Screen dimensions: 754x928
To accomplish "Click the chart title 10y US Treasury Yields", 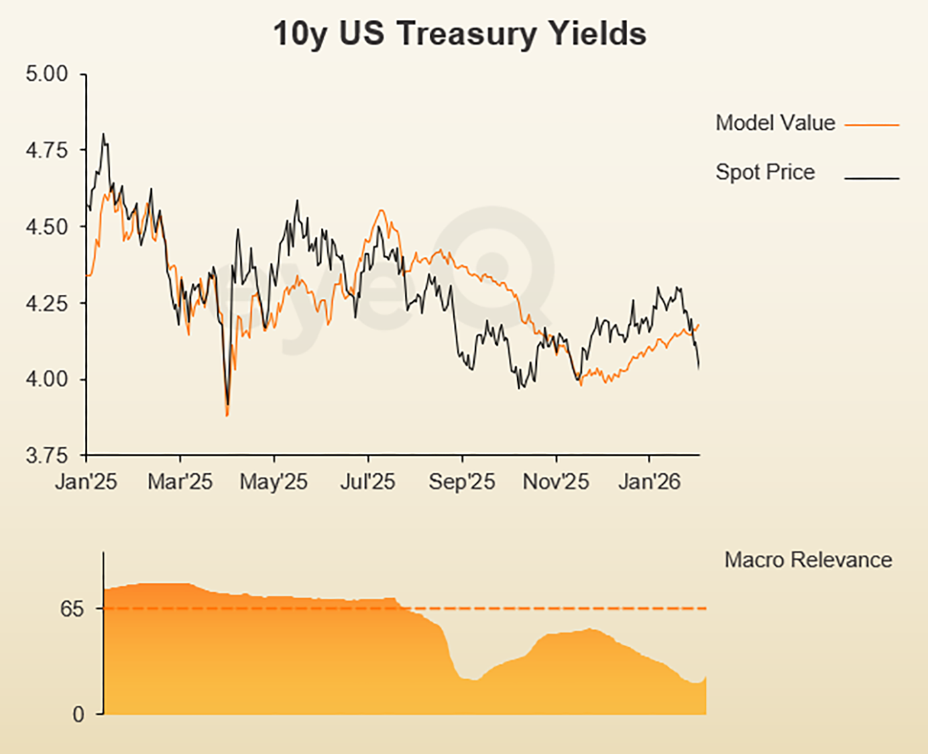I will coord(459,34).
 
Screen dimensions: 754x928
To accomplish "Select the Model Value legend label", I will coord(775,123).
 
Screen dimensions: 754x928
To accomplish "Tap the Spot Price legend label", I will coord(765,172).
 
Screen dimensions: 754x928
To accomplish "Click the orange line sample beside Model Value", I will coord(872,125).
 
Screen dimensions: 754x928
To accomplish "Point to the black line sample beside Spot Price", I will coord(872,178).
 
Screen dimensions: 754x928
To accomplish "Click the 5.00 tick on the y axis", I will coord(46,74).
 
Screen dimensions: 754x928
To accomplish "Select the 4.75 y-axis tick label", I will coord(46,150).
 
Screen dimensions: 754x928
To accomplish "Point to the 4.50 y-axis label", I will coord(46,227).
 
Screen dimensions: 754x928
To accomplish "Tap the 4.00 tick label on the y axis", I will coord(46,380).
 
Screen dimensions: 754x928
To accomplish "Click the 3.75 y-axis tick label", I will coord(46,456).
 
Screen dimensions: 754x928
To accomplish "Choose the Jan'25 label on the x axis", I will coord(86,482).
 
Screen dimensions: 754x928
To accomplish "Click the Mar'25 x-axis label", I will coord(180,482).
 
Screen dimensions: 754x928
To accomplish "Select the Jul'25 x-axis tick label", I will coord(367,482).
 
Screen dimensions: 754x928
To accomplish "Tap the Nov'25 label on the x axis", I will coord(555,482).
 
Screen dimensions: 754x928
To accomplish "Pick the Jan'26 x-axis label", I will coord(649,482).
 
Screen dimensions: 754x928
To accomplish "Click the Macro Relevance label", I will coord(808,560).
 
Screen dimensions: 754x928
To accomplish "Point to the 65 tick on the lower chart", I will coord(72,609).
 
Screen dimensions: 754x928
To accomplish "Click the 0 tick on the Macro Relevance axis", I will coord(78,714).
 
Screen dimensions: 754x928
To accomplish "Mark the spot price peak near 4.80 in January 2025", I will coord(103,135).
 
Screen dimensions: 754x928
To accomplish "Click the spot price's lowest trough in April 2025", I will coord(227,404).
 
